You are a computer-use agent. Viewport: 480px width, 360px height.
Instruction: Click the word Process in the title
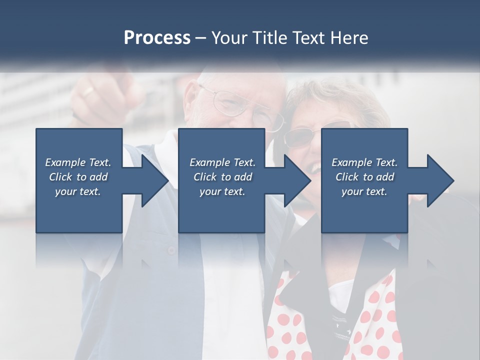tap(157, 38)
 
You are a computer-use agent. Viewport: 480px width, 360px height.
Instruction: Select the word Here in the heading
tap(348, 38)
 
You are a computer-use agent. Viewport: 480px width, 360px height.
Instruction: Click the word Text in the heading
tap(308, 38)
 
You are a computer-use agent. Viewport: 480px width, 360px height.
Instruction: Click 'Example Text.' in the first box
tap(78, 162)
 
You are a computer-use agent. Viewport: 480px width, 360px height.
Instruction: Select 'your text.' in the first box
tap(78, 191)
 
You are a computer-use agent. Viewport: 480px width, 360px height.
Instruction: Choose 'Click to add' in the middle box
tap(222, 176)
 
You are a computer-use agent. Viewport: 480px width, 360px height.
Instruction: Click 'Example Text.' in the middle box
tap(222, 162)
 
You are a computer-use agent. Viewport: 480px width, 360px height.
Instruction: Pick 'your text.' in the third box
tap(364, 191)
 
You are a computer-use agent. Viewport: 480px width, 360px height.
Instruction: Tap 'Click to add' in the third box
tap(364, 176)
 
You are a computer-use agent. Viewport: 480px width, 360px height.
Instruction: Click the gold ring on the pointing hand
tap(88, 91)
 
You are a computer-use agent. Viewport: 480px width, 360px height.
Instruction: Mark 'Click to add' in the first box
tap(78, 176)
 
